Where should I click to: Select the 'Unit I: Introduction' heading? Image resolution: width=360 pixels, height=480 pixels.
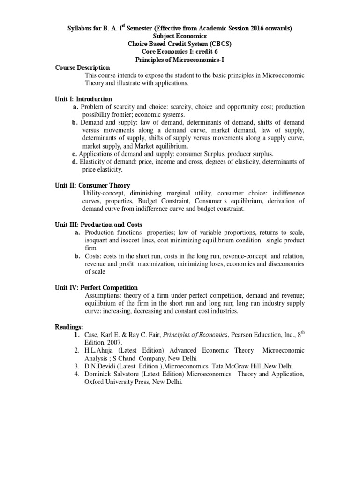83,99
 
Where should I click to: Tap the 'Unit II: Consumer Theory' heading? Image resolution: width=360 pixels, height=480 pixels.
92,185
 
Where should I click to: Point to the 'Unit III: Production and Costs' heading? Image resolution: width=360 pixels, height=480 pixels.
98,225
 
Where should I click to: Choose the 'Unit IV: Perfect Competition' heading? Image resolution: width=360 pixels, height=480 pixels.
96,287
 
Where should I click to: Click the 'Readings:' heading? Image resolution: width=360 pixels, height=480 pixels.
68,326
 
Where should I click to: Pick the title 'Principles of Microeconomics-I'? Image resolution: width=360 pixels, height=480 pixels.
180,60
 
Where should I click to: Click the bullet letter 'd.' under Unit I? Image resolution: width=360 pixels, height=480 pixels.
75,162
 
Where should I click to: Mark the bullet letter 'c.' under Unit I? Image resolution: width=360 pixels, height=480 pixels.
74,154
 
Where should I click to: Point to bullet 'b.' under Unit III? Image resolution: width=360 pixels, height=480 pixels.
77,256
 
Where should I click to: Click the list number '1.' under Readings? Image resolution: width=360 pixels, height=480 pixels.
76,335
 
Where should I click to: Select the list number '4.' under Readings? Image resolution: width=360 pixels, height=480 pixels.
76,374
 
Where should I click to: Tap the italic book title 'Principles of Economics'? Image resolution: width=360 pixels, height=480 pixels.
199,335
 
